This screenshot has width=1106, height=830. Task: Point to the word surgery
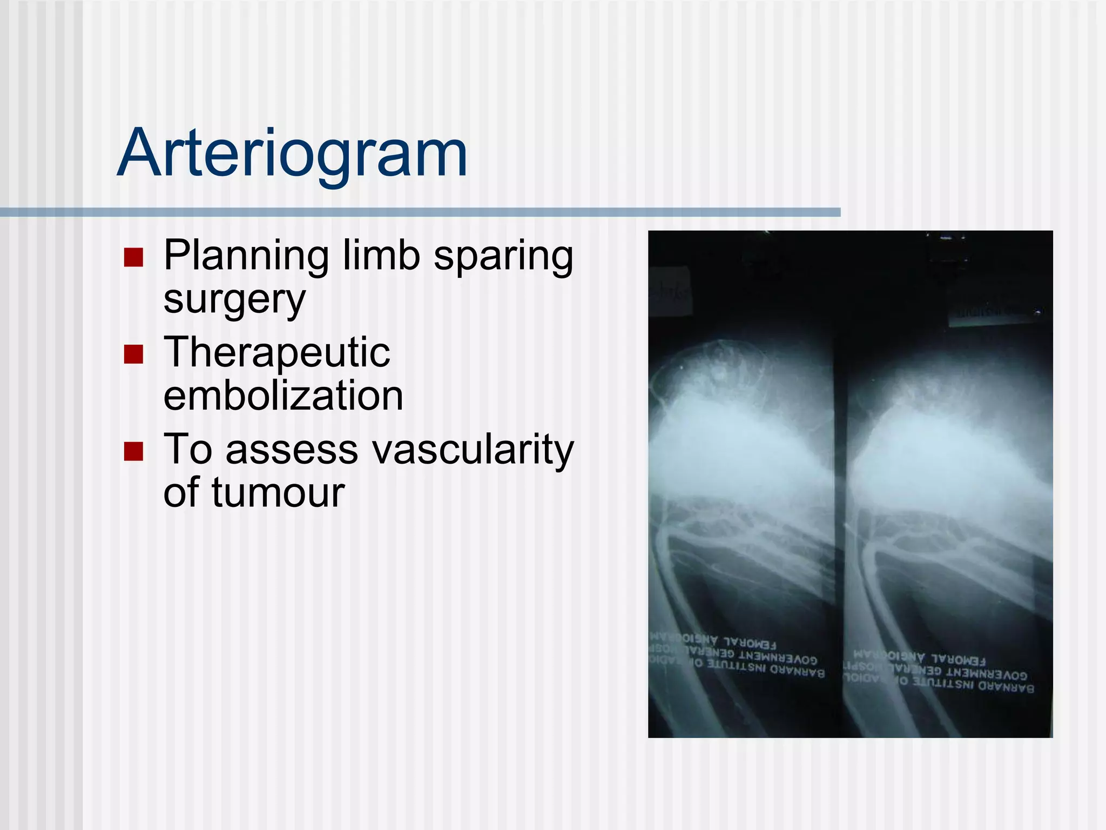click(x=234, y=300)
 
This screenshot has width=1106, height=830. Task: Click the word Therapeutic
click(x=276, y=353)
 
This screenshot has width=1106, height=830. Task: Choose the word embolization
click(x=283, y=396)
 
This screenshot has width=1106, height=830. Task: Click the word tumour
click(x=278, y=493)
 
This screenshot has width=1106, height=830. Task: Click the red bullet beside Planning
click(x=133, y=258)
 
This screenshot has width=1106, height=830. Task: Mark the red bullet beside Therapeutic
click(x=133, y=354)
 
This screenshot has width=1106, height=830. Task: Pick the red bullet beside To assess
click(x=133, y=451)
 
